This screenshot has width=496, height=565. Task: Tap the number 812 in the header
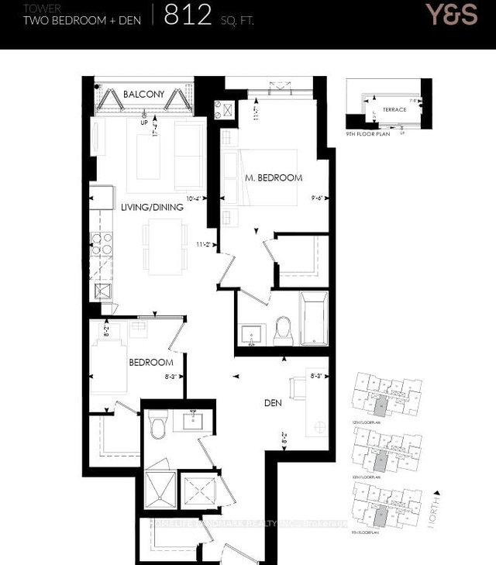(188, 15)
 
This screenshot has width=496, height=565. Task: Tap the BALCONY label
(143, 95)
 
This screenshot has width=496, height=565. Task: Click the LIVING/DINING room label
(152, 207)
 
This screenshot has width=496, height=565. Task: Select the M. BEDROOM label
(273, 178)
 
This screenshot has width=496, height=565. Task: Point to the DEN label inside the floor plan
(271, 403)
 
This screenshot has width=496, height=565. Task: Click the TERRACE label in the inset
(394, 109)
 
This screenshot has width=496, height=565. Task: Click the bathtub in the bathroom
(314, 318)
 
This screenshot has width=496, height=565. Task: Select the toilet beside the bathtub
(283, 331)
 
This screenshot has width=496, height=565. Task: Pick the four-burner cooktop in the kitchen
(102, 244)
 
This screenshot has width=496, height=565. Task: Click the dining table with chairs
(163, 246)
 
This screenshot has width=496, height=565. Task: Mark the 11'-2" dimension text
(205, 244)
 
